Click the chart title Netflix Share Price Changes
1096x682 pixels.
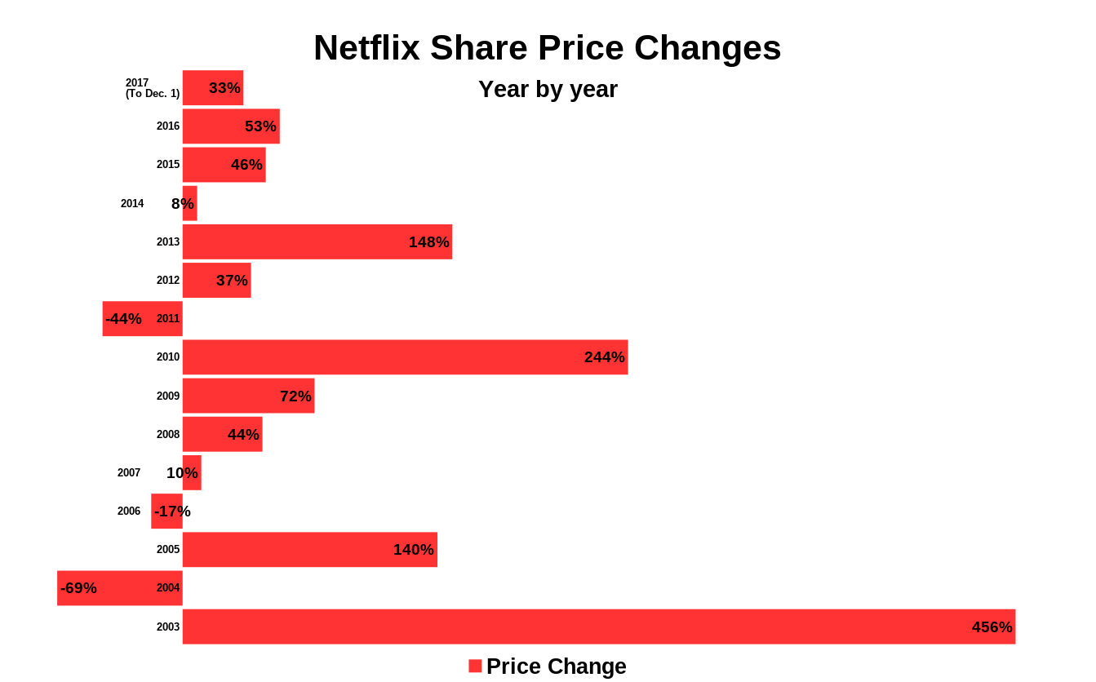point(547,48)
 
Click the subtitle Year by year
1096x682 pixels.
point(548,89)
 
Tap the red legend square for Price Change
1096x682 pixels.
point(475,666)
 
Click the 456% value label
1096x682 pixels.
point(992,627)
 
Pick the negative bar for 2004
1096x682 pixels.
point(119,588)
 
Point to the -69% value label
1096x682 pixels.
point(78,588)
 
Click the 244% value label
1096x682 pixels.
point(604,357)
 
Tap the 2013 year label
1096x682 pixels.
point(168,242)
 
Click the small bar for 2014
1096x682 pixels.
point(190,204)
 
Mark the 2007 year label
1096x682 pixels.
point(129,473)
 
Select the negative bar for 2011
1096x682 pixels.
point(142,319)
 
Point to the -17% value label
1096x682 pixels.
point(172,511)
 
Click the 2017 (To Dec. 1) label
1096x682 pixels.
point(152,88)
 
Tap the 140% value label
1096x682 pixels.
point(413,550)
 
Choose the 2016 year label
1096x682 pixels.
point(168,126)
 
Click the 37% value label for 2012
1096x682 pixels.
point(232,281)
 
